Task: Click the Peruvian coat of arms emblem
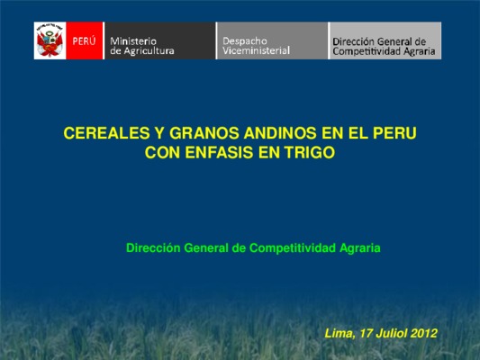tap(50, 40)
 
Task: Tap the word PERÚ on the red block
tap(84, 41)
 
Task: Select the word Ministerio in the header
tap(133, 41)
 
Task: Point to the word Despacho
tap(245, 41)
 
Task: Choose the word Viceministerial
tap(256, 50)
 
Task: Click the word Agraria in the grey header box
tap(419, 51)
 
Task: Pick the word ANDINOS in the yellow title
tap(280, 133)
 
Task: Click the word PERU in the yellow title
tap(394, 133)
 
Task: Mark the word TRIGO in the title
tap(310, 152)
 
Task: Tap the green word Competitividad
tap(293, 247)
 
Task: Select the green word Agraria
tap(360, 248)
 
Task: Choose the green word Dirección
tap(153, 247)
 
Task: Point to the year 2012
tap(423, 333)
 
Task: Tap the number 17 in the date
tap(366, 333)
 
